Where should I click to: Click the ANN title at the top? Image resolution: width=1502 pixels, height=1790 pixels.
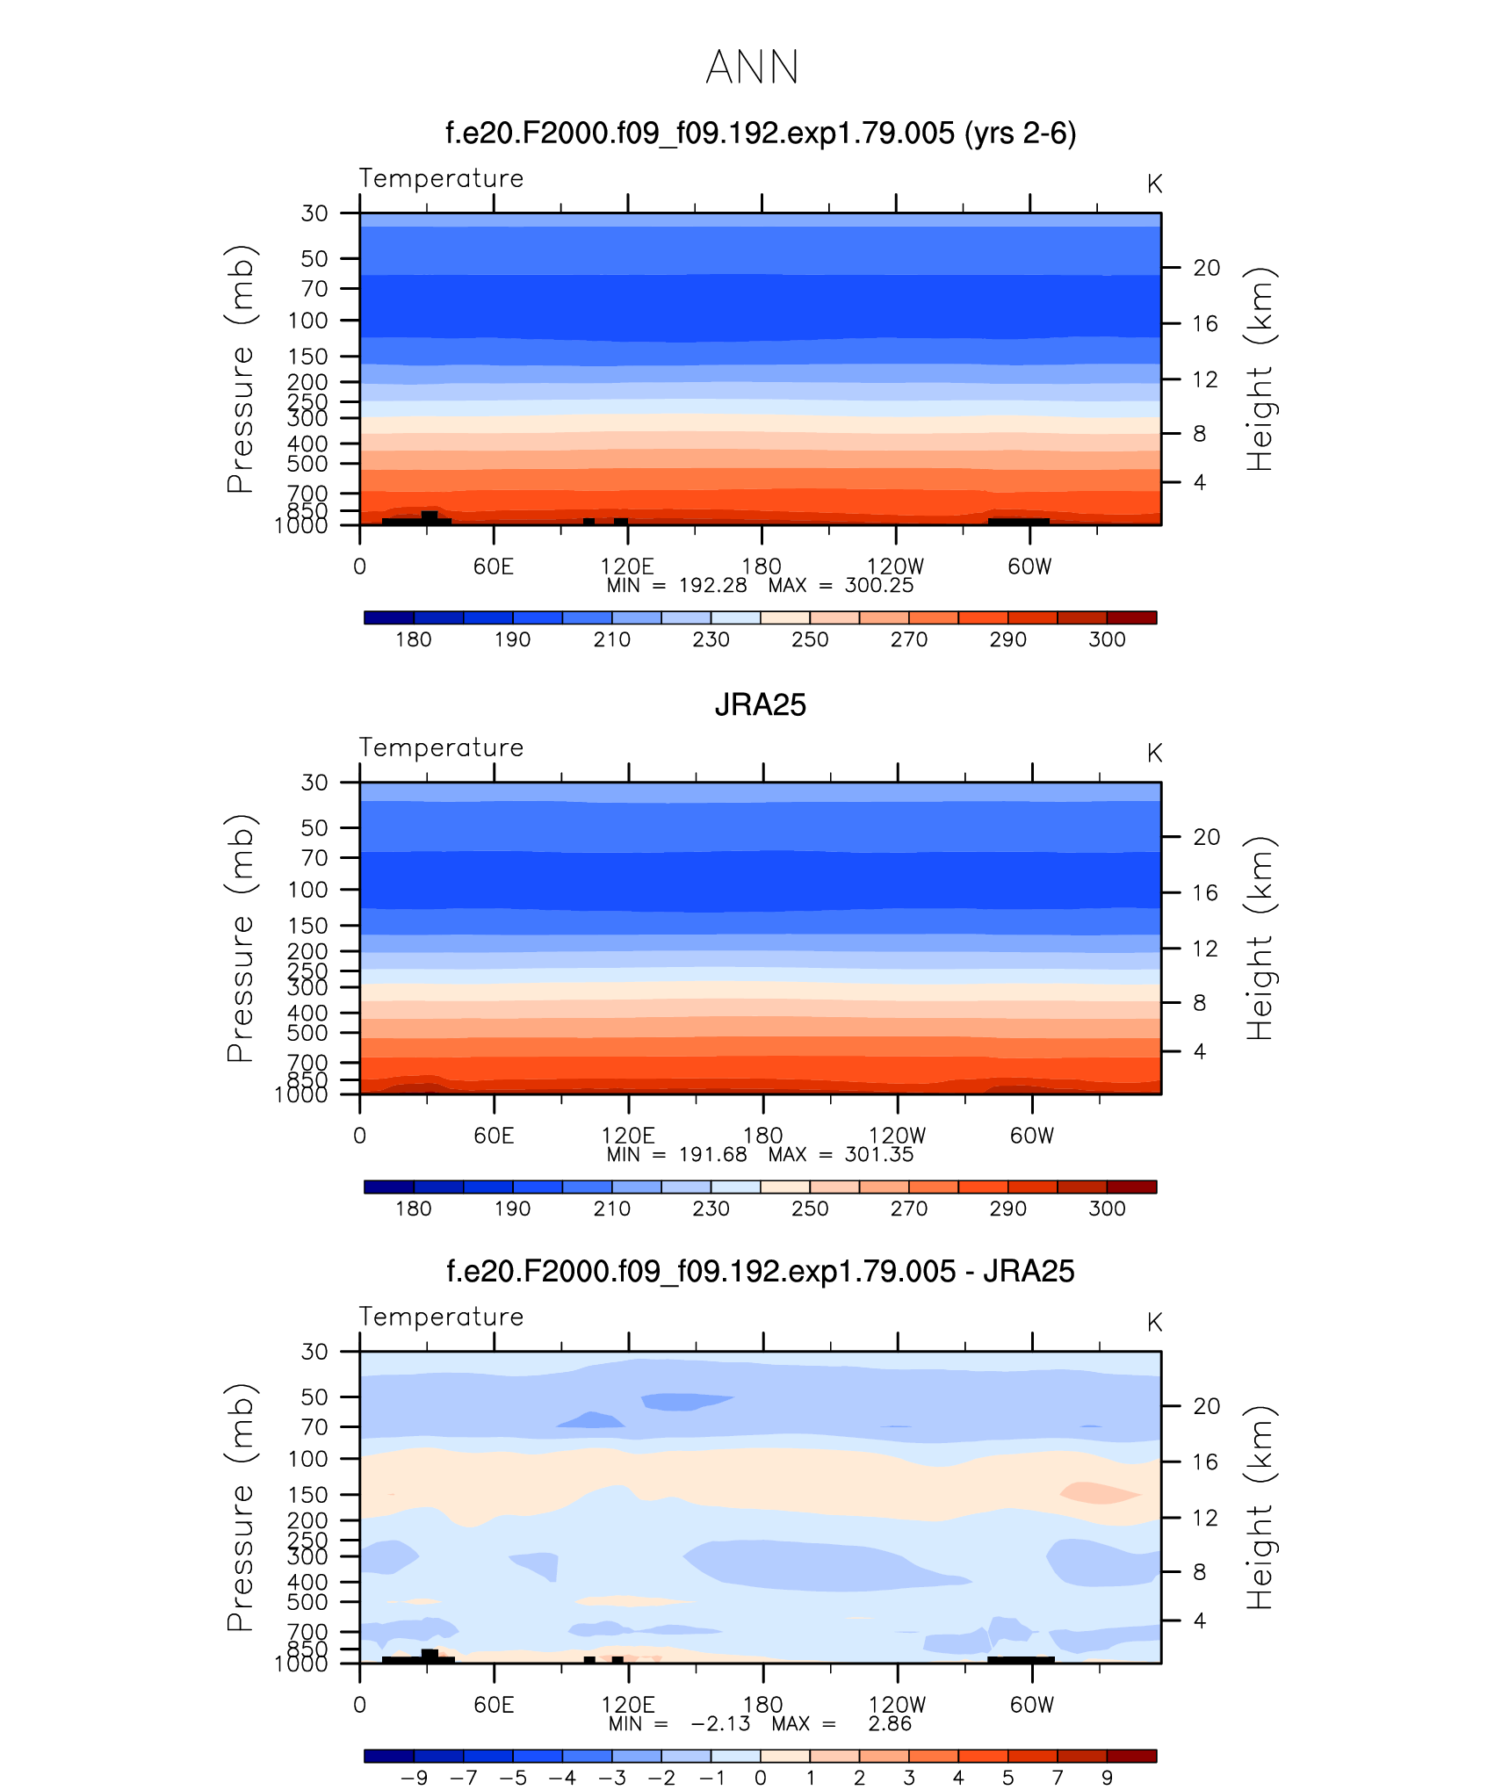tap(752, 68)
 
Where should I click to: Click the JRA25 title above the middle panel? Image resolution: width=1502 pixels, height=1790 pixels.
tap(760, 705)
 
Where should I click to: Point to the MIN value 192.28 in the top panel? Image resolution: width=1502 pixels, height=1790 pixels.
tap(712, 586)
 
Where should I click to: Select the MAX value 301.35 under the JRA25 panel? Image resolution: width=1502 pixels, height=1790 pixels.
tap(878, 1155)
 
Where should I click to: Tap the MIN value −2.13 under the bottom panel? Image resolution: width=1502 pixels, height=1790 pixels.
tap(720, 1724)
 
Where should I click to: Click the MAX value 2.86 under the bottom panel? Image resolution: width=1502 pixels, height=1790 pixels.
tap(890, 1724)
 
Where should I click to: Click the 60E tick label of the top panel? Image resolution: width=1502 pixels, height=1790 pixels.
tap(493, 567)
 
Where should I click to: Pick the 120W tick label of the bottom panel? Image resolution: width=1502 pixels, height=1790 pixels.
tap(897, 1705)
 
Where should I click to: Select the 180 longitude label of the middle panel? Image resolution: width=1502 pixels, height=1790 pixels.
tap(762, 1136)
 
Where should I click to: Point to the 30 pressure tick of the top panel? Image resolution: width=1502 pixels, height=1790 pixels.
tap(314, 213)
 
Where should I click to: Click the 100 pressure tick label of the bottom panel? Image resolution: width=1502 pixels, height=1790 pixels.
tap(307, 1459)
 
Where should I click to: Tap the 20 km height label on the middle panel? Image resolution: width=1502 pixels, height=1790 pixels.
tap(1206, 837)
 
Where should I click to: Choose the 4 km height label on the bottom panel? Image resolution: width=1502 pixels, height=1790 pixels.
tap(1199, 1620)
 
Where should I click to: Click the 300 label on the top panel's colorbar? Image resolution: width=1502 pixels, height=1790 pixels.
tap(1107, 639)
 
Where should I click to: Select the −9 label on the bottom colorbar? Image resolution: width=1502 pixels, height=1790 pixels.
tap(414, 1778)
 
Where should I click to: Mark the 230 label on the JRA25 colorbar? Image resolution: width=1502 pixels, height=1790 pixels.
tap(711, 1209)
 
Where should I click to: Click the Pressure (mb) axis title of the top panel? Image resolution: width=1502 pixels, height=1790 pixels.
tap(240, 369)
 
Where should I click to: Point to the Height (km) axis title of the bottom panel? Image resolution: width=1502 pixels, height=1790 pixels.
tap(1260, 1507)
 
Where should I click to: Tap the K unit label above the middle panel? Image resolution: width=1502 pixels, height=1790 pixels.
tap(1154, 754)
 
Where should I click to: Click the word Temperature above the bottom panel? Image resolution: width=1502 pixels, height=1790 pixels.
tap(441, 1317)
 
